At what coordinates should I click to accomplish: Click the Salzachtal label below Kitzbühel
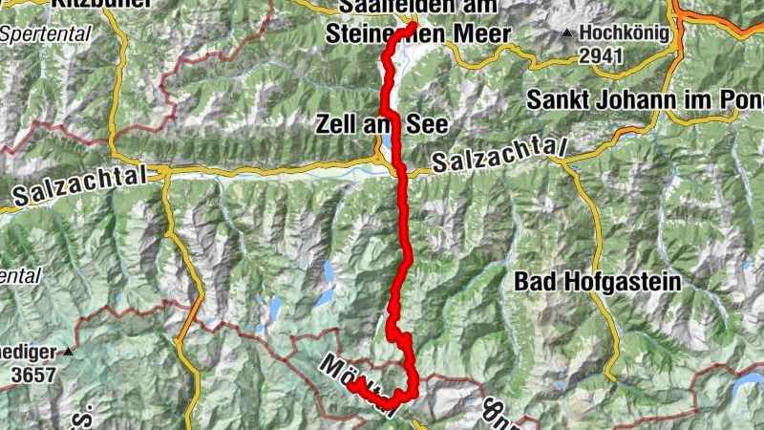tap(81, 185)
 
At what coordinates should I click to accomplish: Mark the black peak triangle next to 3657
tap(69, 351)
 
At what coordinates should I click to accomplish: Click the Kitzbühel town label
tap(101, 4)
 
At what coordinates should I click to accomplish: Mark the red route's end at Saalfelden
tap(412, 26)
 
